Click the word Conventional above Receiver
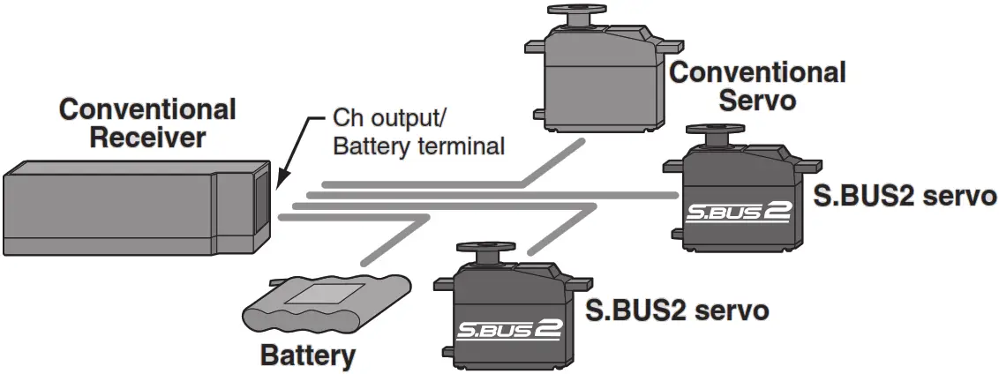[146, 110]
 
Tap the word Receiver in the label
[146, 138]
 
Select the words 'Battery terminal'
[418, 146]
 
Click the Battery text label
[308, 356]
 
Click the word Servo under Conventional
[757, 100]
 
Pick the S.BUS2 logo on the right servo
[740, 213]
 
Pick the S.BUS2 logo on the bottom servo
[509, 329]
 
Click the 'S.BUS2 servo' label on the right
[904, 195]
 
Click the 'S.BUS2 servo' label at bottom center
[676, 310]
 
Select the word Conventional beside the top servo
[757, 72]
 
